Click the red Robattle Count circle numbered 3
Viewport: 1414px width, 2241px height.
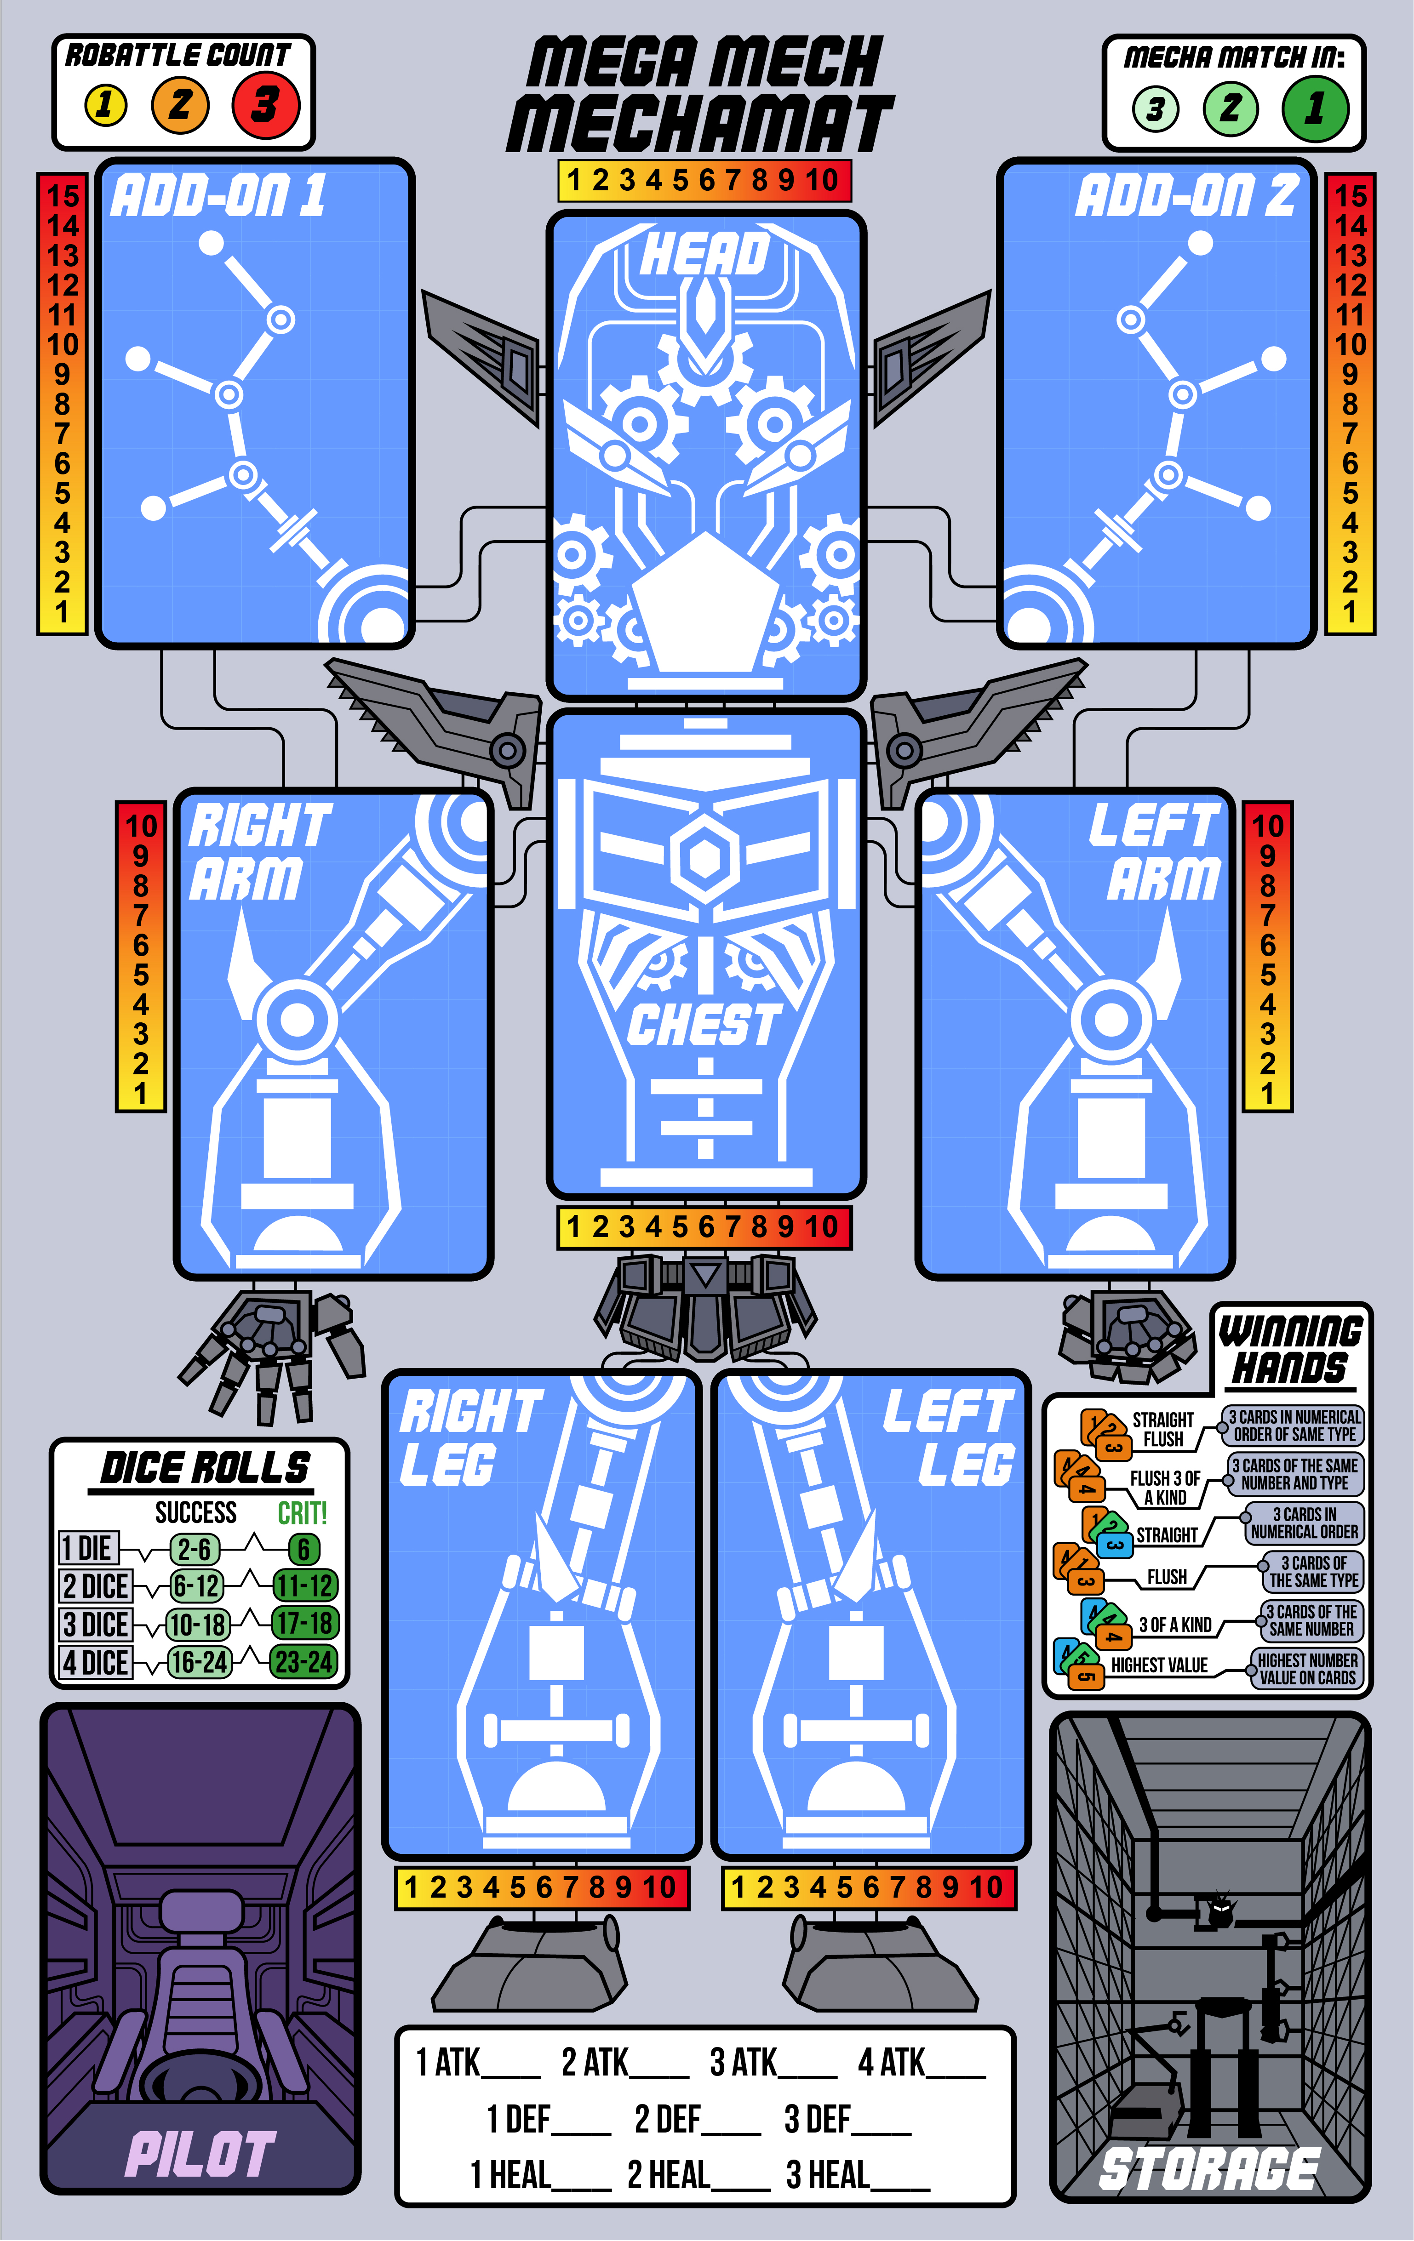point(265,104)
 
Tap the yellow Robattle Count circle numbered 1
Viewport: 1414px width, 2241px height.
point(105,104)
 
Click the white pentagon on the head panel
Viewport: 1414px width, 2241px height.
point(704,605)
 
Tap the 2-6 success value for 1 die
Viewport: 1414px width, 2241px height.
point(195,1549)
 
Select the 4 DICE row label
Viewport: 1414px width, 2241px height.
point(95,1662)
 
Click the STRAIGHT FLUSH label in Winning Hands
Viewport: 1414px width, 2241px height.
point(1162,1429)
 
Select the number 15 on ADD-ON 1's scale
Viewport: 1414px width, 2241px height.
point(63,195)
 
